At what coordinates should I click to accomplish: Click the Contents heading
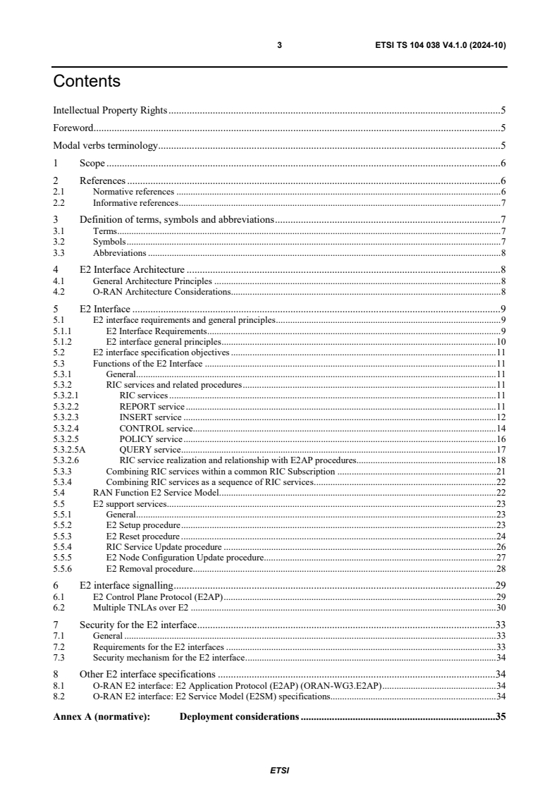click(87, 81)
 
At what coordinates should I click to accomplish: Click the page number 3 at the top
click(279, 45)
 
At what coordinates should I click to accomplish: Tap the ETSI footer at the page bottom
click(279, 770)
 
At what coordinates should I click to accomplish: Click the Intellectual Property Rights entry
click(110, 110)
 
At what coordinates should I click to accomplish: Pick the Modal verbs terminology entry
click(105, 146)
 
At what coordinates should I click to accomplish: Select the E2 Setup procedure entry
click(143, 525)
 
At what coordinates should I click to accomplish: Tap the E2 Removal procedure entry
click(148, 568)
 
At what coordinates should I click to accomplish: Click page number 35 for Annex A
click(500, 717)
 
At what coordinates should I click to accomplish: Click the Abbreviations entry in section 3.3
click(120, 252)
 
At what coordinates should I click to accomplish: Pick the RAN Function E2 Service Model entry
click(156, 492)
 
